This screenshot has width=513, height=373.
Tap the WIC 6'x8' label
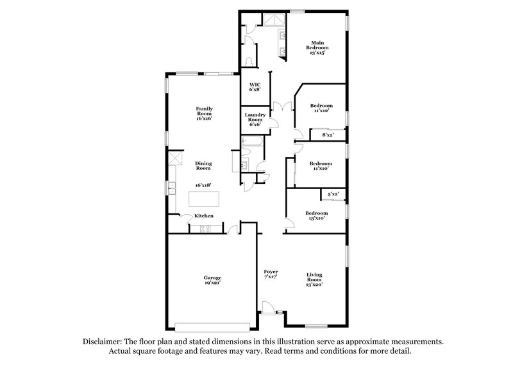tap(255, 87)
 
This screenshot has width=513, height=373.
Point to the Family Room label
tap(204, 113)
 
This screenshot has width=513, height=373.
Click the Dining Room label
tap(203, 165)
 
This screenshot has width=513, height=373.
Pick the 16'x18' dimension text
tap(203, 185)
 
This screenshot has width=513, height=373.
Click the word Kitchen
tap(204, 216)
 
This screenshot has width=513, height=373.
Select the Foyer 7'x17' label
tap(271, 275)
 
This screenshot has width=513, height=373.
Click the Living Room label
tap(314, 280)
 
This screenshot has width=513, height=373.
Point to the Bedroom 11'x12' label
tap(321, 108)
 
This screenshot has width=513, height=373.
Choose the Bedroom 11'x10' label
tap(321, 166)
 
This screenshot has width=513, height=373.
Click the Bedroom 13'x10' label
tap(316, 215)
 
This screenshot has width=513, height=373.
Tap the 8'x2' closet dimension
tap(328, 135)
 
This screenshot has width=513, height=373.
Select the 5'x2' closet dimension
tap(333, 194)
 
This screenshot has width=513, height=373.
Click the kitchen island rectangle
tap(204, 201)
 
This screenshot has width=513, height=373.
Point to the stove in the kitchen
tap(206, 228)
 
